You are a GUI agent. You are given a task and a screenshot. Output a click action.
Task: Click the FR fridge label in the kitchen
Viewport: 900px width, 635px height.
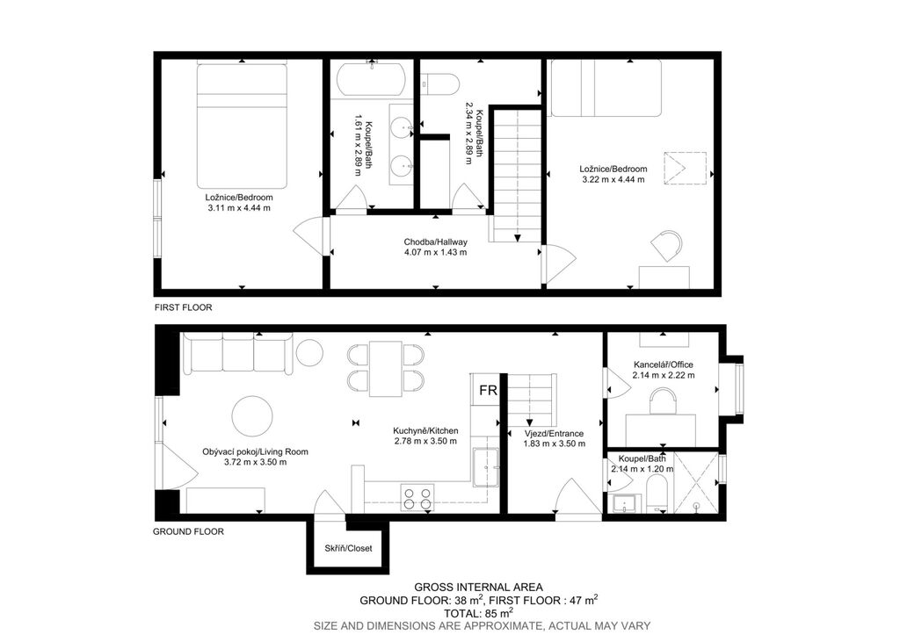click(x=488, y=390)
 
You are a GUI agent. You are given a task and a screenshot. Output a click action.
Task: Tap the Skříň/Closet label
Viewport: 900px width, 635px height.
click(x=348, y=548)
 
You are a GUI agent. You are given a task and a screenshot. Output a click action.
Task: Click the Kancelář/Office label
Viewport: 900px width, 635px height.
click(x=664, y=364)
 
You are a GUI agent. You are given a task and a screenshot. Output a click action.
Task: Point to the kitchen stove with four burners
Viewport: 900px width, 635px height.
click(x=417, y=498)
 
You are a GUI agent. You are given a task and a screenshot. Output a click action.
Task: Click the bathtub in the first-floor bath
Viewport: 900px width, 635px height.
click(x=372, y=79)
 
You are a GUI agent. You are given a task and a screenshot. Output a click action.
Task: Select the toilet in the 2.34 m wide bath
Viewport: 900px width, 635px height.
click(x=441, y=84)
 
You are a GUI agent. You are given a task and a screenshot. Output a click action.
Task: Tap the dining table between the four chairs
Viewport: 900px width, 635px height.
click(x=385, y=368)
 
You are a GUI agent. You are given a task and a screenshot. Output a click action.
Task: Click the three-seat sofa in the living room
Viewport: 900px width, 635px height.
click(x=237, y=353)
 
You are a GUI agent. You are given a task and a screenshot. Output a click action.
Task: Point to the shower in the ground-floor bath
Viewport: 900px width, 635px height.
click(x=695, y=482)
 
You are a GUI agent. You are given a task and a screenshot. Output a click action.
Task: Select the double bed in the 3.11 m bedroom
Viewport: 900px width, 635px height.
click(x=242, y=126)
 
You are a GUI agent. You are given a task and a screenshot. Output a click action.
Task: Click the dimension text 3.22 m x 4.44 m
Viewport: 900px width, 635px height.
click(x=613, y=179)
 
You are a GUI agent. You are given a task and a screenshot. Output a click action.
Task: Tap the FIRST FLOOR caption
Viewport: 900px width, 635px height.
click(x=183, y=307)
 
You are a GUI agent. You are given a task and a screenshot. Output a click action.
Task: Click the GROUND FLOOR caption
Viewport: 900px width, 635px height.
click(x=188, y=531)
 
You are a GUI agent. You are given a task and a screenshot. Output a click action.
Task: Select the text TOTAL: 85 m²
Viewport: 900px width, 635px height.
click(x=478, y=613)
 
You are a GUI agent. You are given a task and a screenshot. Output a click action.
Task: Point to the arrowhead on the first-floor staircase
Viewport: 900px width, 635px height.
click(x=518, y=238)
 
